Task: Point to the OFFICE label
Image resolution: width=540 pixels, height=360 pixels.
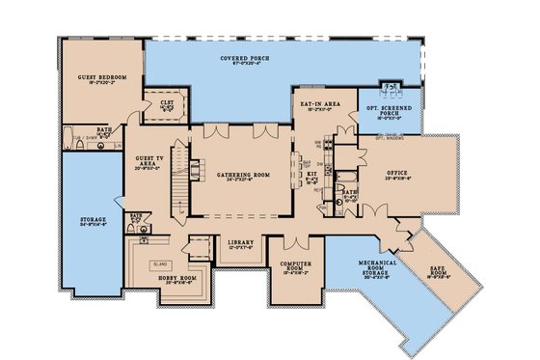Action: [x=424, y=174]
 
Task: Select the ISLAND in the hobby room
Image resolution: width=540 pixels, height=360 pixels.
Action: [x=161, y=262]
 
